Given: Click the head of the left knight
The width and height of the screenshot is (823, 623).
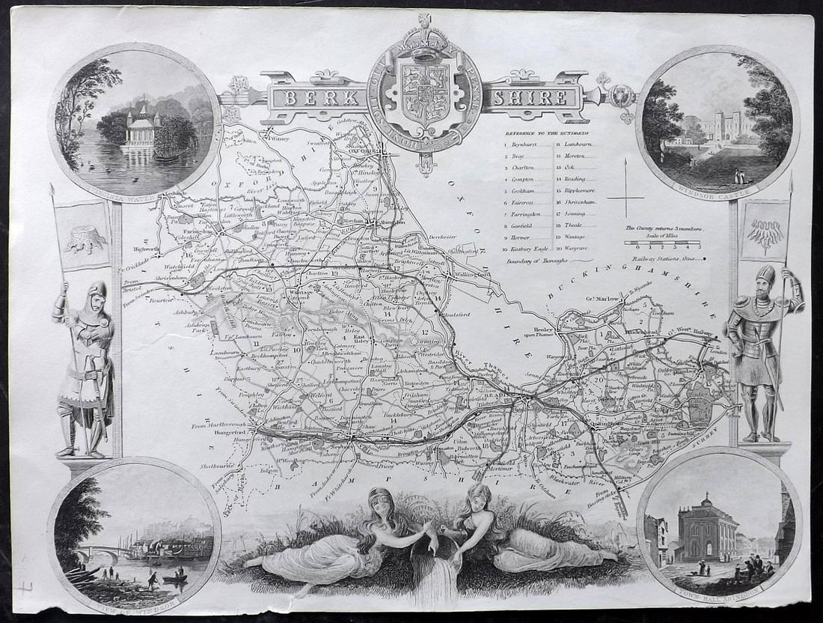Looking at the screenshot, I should pyautogui.click(x=96, y=293).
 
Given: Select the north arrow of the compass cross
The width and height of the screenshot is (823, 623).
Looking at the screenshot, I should pyautogui.click(x=625, y=176).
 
